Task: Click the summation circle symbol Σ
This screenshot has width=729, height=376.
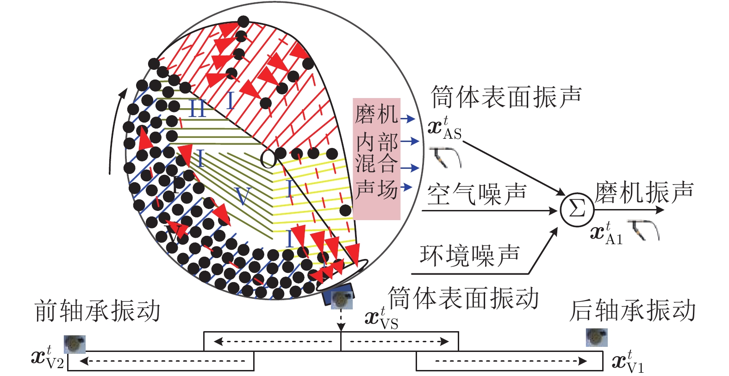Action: (577, 210)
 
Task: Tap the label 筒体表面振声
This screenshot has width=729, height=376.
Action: (506, 97)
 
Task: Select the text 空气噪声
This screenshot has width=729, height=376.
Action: (477, 194)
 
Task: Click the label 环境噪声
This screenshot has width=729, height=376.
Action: (470, 255)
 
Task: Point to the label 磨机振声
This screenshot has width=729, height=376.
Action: (644, 192)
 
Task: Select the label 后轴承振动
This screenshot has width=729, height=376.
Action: (633, 310)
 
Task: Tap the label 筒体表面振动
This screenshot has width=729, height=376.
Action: (463, 298)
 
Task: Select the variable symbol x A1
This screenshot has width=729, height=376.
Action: (607, 233)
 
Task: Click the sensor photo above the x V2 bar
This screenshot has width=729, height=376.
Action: (75, 344)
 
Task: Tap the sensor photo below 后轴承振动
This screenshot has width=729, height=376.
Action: (597, 337)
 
